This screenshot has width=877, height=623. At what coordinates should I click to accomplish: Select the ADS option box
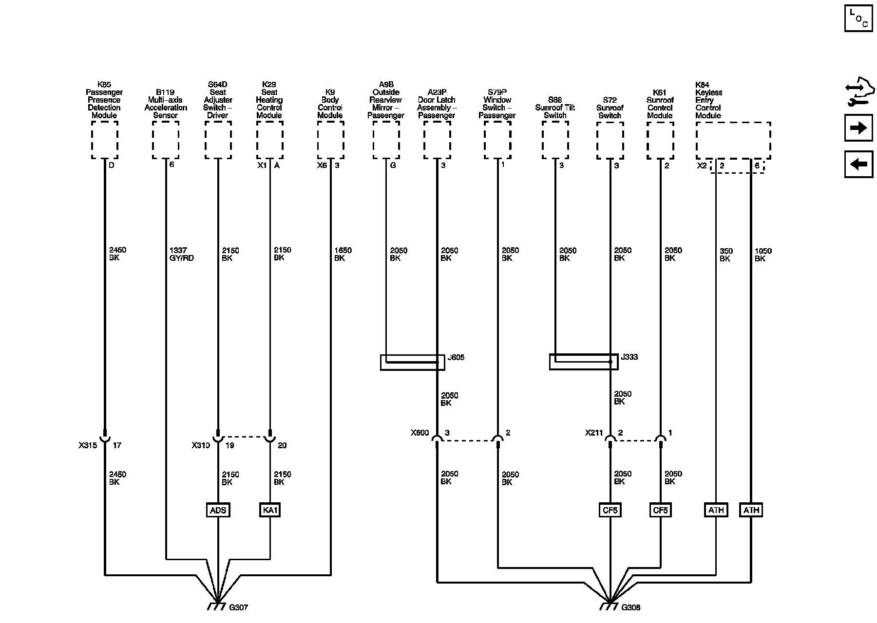point(218,510)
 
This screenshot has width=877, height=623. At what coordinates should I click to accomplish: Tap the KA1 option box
point(270,510)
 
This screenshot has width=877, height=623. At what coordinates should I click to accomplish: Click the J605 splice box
point(412,362)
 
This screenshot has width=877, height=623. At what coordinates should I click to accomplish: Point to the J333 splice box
point(584,362)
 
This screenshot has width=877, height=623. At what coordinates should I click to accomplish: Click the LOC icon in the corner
point(858,18)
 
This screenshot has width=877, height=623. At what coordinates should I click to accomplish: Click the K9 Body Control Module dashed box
point(331,140)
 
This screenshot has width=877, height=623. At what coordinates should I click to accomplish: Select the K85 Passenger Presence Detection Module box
point(105,140)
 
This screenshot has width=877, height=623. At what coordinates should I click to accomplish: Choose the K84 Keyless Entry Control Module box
point(733,140)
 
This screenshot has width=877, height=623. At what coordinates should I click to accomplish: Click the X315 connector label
point(88,445)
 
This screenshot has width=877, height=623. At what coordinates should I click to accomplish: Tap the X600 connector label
point(419,433)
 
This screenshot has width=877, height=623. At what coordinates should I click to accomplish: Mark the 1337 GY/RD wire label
point(181,254)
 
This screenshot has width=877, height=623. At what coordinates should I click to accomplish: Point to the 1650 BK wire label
point(343,254)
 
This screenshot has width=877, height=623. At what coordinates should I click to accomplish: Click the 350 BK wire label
point(726,255)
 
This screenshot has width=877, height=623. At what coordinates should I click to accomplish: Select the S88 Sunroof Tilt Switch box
point(555,140)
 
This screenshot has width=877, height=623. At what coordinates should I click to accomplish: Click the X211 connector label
point(594,433)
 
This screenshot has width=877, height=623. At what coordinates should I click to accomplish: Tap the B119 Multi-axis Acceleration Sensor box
point(166,140)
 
